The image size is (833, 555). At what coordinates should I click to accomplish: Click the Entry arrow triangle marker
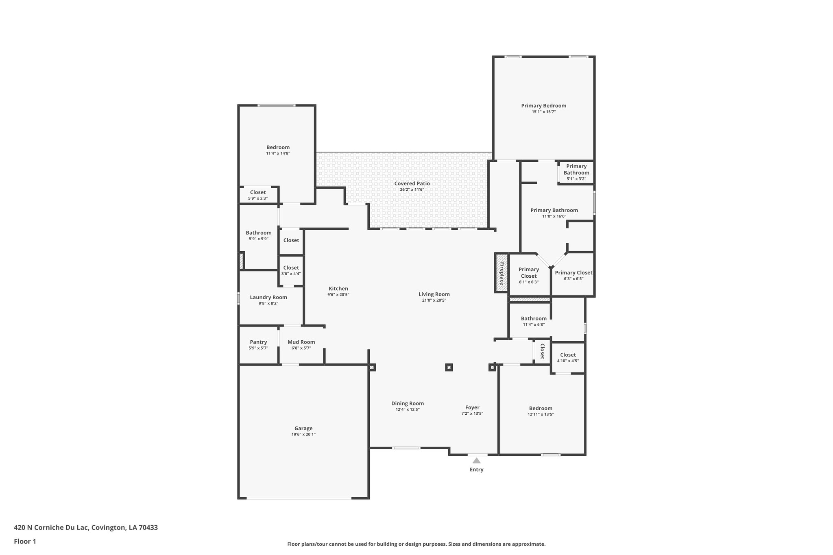pyautogui.click(x=476, y=460)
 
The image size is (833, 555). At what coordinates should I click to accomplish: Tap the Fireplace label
pyautogui.click(x=502, y=273)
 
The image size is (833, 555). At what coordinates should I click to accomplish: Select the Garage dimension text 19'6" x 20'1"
pyautogui.click(x=303, y=434)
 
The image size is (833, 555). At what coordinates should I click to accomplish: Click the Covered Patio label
pyautogui.click(x=412, y=183)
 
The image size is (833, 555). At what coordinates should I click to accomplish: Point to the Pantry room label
pyautogui.click(x=258, y=342)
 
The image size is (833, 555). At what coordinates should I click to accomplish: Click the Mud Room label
pyautogui.click(x=301, y=342)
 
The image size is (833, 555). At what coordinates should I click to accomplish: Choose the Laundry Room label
pyautogui.click(x=268, y=297)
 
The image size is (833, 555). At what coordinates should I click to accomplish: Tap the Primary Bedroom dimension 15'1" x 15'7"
pyautogui.click(x=543, y=111)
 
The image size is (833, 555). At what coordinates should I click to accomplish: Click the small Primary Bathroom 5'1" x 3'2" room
pyautogui.click(x=576, y=172)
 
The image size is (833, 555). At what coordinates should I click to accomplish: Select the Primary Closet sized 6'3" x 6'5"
pyautogui.click(x=574, y=275)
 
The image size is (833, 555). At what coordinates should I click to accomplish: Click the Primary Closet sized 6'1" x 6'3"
pyautogui.click(x=529, y=275)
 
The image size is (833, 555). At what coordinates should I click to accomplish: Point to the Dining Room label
pyautogui.click(x=408, y=403)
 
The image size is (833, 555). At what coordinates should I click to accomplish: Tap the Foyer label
pyautogui.click(x=472, y=407)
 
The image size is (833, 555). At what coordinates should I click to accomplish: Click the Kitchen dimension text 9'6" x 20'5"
pyautogui.click(x=338, y=294)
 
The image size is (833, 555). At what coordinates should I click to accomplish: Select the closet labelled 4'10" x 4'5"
pyautogui.click(x=568, y=357)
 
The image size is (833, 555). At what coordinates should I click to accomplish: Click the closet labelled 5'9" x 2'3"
pyautogui.click(x=258, y=195)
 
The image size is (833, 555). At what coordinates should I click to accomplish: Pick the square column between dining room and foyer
pyautogui.click(x=449, y=367)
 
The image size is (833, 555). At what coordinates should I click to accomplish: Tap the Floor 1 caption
pyautogui.click(x=25, y=541)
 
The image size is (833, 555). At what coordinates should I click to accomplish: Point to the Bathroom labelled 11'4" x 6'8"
pyautogui.click(x=534, y=321)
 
